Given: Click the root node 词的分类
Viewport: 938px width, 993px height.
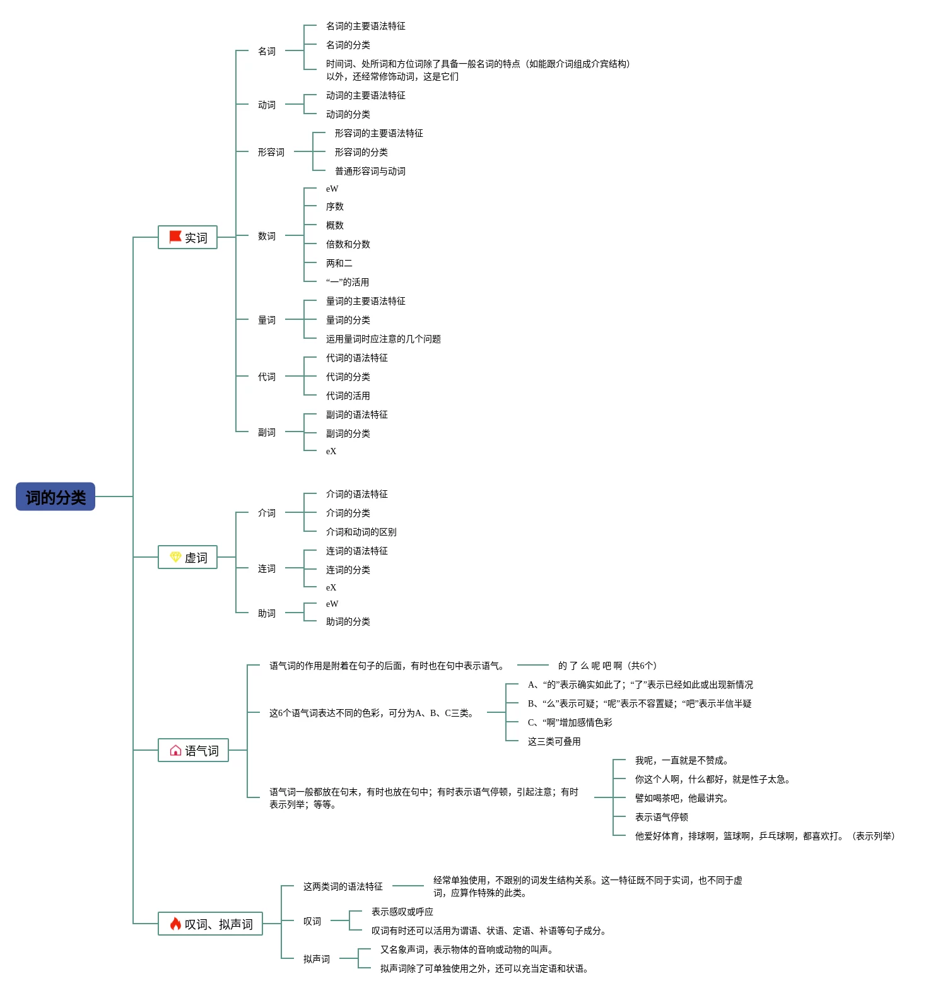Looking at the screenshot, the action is tap(56, 496).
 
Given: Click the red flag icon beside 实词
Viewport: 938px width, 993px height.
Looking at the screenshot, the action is tap(175, 237).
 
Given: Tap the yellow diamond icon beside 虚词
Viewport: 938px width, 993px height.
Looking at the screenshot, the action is tap(175, 557).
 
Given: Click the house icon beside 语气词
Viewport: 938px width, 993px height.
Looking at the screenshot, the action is tap(175, 750).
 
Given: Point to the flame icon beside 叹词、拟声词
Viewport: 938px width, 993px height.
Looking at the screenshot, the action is tap(175, 924).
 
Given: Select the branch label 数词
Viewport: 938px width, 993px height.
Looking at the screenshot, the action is tap(267, 236).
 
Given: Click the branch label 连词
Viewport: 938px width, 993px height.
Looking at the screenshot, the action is tap(267, 568).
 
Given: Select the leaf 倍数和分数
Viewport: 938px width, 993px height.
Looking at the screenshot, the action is tap(348, 244).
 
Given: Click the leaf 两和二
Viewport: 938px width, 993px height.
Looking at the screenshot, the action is tap(339, 263).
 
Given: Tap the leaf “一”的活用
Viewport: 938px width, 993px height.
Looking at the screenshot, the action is tap(348, 282).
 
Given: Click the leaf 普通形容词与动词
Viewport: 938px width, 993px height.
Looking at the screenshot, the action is tap(370, 171).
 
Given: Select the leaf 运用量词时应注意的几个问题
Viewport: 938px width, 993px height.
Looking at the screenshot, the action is tap(384, 339).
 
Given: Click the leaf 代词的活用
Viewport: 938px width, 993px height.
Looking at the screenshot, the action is tap(348, 396).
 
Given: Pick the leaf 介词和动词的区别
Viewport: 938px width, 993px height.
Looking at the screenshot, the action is tap(361, 532).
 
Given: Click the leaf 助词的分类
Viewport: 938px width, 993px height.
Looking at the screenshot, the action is tap(348, 621).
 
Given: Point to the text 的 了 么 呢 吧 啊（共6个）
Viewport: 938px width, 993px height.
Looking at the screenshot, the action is tap(607, 666).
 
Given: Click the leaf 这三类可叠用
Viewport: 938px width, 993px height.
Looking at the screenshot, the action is tap(554, 741).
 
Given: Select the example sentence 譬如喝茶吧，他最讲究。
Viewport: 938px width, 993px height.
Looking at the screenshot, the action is tap(682, 798).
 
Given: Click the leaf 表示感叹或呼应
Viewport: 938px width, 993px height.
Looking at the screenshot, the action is tap(402, 912).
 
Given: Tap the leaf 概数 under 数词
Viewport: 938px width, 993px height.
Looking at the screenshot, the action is tap(335, 225).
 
